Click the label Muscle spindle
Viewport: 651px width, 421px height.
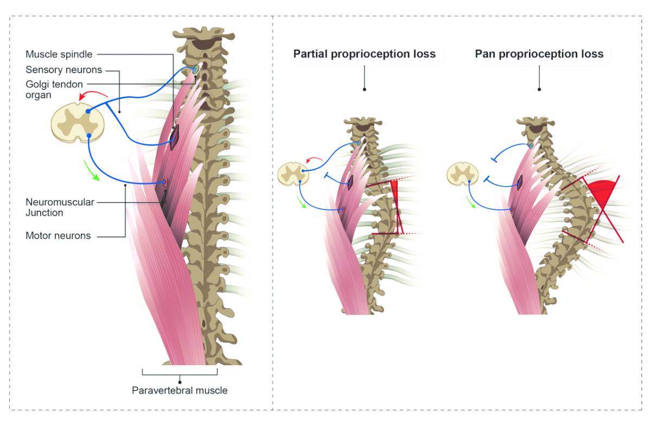[59, 54]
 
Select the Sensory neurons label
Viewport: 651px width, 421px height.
[64, 70]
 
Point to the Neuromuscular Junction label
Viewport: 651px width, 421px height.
[60, 207]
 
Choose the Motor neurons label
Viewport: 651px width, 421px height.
[58, 235]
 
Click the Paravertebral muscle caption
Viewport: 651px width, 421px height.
[180, 390]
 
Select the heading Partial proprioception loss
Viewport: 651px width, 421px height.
[365, 54]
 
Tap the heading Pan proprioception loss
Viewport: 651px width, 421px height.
[539, 54]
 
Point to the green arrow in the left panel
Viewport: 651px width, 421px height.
[92, 170]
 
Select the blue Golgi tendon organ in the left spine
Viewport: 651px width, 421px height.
[195, 69]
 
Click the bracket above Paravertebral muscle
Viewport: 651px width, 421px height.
[180, 373]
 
